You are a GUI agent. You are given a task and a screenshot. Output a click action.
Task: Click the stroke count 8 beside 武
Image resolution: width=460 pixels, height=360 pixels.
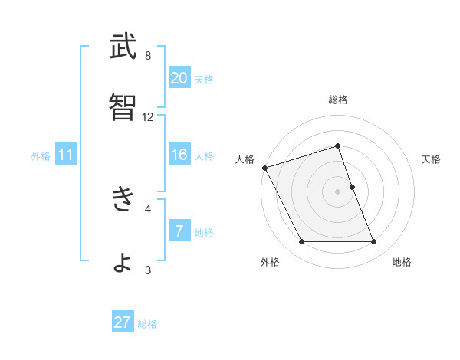click(x=148, y=56)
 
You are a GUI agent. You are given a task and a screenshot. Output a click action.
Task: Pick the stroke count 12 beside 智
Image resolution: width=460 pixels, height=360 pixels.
click(x=148, y=117)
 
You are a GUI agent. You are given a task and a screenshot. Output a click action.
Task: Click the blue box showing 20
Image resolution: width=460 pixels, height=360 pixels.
click(x=179, y=77)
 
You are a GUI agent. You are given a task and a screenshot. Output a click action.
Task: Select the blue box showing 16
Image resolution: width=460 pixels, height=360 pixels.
click(x=179, y=155)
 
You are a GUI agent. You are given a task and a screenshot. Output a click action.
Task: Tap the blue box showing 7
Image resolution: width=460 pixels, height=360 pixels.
click(x=179, y=231)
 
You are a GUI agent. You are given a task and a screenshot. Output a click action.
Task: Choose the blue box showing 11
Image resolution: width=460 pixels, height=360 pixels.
click(x=66, y=155)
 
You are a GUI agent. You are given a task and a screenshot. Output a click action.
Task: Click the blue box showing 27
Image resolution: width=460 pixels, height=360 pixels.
click(x=123, y=322)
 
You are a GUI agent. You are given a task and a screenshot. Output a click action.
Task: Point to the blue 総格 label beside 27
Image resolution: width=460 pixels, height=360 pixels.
click(x=147, y=324)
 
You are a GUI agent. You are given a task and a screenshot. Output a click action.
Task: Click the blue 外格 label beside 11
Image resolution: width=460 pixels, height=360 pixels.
click(x=41, y=156)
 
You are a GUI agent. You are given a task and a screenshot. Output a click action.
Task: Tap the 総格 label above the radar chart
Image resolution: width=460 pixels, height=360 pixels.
click(x=338, y=100)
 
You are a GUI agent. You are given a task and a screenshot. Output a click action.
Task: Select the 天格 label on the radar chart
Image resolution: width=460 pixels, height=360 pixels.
click(x=432, y=159)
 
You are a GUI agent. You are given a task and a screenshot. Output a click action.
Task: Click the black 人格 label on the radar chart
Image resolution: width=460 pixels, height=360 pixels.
click(x=245, y=159)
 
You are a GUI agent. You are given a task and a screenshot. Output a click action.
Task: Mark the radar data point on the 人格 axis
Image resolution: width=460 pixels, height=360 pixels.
click(x=264, y=168)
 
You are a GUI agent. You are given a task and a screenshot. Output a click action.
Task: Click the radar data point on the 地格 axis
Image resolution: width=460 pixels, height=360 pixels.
click(x=374, y=242)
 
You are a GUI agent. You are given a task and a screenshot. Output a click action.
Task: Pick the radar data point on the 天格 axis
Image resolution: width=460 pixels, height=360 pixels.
click(x=352, y=187)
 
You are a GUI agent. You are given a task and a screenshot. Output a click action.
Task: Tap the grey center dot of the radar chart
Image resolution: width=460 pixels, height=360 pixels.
click(x=338, y=191)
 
